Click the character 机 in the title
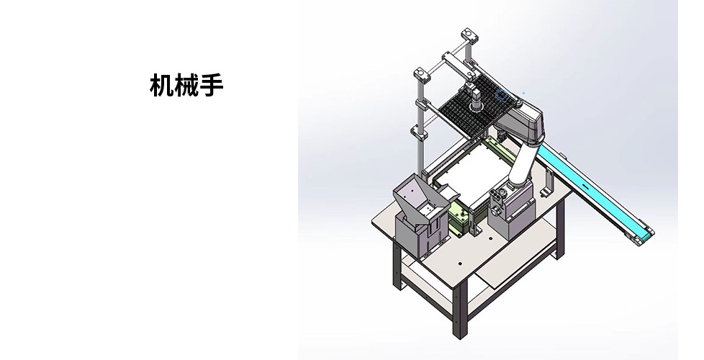click(x=162, y=85)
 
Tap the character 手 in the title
click(x=211, y=85)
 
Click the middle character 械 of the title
click(x=186, y=85)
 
